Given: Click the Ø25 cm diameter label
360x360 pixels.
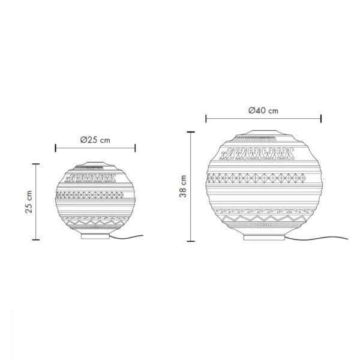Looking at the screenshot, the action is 95,140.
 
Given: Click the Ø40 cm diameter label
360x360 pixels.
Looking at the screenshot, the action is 263,110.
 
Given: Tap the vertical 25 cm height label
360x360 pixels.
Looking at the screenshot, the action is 29,202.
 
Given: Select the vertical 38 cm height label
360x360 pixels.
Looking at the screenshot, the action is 183,186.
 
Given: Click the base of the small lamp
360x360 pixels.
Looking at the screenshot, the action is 95,236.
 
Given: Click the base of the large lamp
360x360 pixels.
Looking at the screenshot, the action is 264,238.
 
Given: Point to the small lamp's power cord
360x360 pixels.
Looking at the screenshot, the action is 126,237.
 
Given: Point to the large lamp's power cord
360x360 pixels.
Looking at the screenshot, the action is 316,239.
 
